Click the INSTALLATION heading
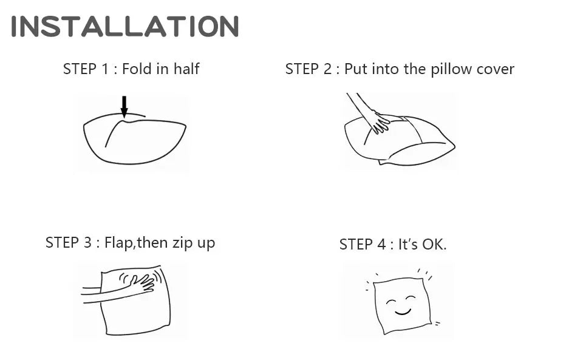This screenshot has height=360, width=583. coord(125,26)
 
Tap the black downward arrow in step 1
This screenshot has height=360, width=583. coord(124,107)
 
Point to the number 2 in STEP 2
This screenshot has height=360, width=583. coord(327,69)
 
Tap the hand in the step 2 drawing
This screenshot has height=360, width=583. coord(379,121)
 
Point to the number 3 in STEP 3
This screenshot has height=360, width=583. coord(87,243)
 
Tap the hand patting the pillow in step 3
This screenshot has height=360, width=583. coord(142,283)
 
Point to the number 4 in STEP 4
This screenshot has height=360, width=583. coord(381,245)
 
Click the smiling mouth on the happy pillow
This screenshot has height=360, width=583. coord(403,311)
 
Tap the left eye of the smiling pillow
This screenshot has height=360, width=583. coord(390,302)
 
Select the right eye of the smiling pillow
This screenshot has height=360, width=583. coord(411,297)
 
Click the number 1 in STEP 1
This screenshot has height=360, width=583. coord(105,69)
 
